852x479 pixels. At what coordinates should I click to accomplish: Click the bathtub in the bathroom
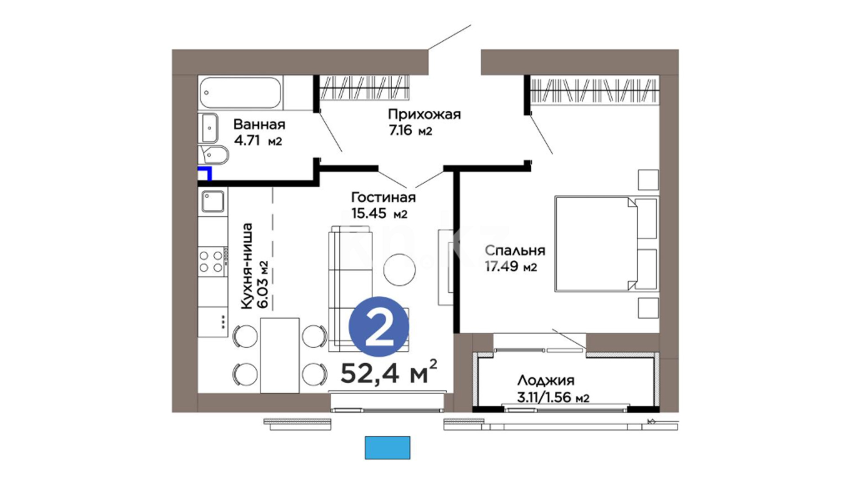[240, 93]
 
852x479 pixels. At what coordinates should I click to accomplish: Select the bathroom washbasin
[208, 127]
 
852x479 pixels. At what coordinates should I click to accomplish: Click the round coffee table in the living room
[400, 270]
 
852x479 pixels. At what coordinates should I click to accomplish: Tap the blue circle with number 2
[379, 326]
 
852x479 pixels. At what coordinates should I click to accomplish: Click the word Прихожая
[424, 114]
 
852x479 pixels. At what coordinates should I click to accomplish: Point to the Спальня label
[515, 251]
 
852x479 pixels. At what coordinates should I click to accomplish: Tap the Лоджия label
[546, 380]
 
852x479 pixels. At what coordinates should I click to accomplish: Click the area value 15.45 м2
[379, 214]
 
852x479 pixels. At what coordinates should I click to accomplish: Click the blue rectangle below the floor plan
[387, 448]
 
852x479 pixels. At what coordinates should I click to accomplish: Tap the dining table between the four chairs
[280, 355]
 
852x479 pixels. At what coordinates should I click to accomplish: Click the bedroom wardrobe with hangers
[593, 91]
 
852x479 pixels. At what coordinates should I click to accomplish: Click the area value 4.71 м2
[258, 141]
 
